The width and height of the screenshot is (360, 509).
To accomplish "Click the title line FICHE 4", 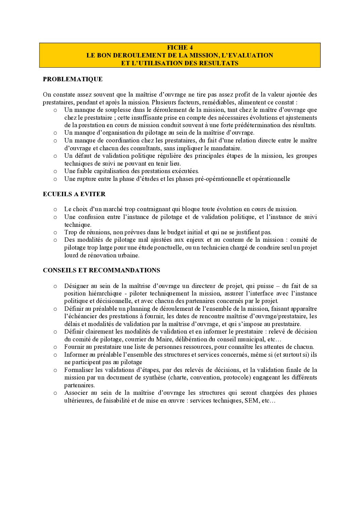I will point(180,48).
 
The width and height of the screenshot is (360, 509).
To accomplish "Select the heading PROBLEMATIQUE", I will point(72,79).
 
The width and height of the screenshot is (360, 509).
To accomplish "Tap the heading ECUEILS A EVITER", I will point(74,194).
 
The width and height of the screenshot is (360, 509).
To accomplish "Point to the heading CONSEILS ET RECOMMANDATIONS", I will point(101,270).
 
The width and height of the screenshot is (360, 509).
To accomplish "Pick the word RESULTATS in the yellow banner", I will point(218,63).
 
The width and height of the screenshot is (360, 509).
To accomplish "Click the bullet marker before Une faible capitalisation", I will point(55,171).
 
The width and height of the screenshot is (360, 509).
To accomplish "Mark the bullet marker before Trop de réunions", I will point(55,233).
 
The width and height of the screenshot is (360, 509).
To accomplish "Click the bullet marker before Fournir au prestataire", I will point(55,347).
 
